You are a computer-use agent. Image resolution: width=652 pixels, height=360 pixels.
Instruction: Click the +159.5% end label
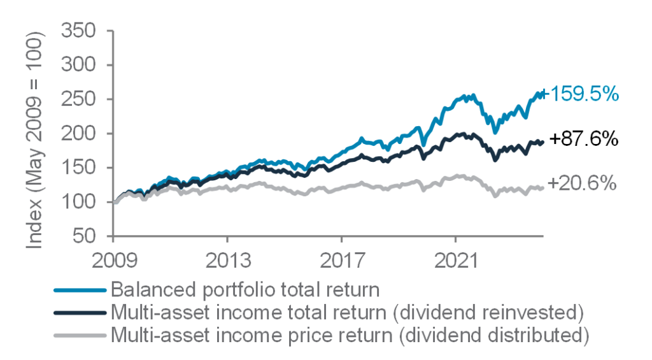(580, 94)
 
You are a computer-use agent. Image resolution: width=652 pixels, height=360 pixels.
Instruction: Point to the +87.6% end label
(584, 139)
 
